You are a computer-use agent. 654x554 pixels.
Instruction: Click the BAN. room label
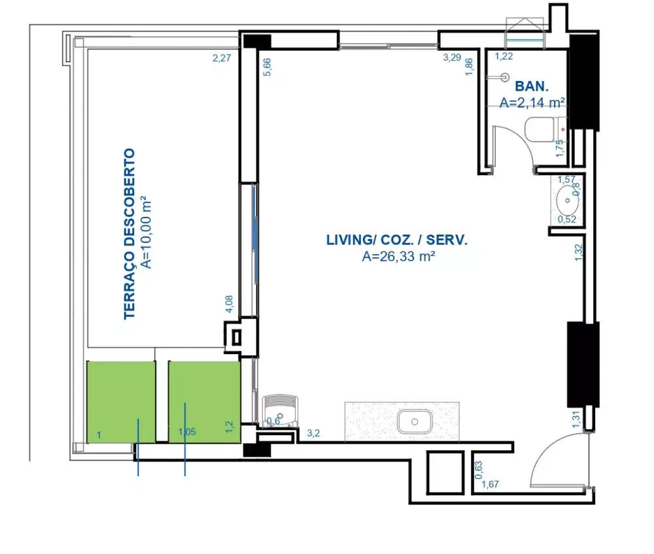[531, 86]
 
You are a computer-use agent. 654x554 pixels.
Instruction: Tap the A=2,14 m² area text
[532, 103]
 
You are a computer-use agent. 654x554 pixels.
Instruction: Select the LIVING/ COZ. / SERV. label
[397, 240]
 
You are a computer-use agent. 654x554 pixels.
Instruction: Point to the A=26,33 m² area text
[398, 256]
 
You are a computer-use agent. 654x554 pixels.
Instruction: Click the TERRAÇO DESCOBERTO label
[129, 234]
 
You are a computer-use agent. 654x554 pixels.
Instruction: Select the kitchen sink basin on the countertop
[415, 421]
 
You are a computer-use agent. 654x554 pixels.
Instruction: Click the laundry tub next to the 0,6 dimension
[281, 411]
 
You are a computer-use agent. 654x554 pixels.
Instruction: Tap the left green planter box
[121, 402]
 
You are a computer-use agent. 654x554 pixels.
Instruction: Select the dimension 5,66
[267, 67]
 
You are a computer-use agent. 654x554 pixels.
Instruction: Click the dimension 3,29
[452, 57]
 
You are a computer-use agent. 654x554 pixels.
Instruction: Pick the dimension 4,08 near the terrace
[229, 304]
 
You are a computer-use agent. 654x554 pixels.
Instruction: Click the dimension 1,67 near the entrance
[490, 484]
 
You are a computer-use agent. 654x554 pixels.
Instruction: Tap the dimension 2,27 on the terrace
[222, 58]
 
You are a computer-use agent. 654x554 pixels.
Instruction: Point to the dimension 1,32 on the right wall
[578, 252]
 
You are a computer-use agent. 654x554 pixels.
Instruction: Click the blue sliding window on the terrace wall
[255, 234]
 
